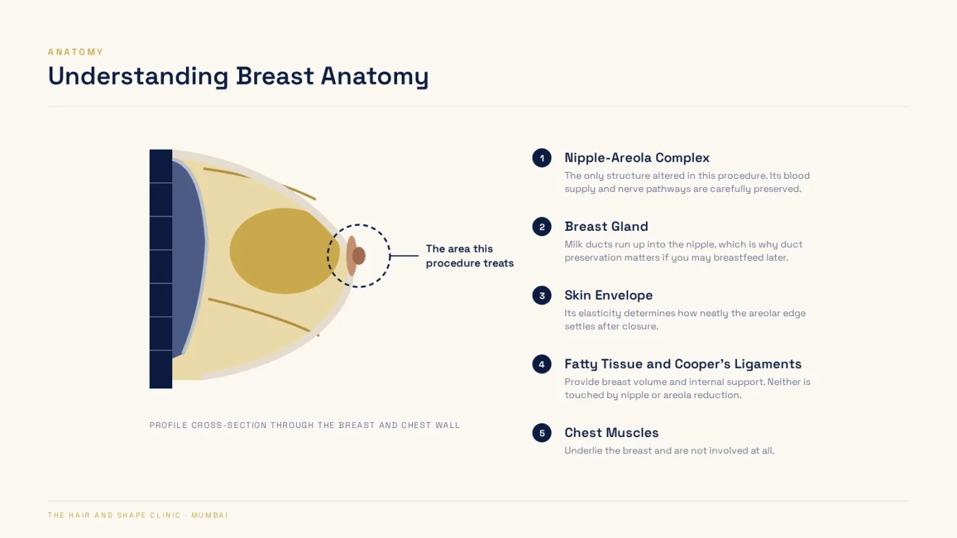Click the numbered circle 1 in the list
tap(541, 158)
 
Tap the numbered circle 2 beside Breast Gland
tap(541, 227)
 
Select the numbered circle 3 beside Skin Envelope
tap(541, 295)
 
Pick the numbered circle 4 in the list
tap(541, 364)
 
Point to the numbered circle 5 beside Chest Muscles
tap(541, 433)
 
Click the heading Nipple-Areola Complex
tap(636, 158)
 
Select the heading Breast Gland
tap(606, 226)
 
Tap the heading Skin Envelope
tap(608, 295)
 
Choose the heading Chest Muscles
tap(611, 433)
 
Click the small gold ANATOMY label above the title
tap(76, 52)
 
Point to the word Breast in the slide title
tap(275, 76)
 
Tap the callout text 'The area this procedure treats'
tap(470, 255)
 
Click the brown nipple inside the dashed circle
tap(359, 255)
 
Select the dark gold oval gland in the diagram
tap(284, 251)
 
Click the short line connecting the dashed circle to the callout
tap(404, 256)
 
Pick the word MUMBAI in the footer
tap(210, 515)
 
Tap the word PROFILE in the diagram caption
tap(168, 425)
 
